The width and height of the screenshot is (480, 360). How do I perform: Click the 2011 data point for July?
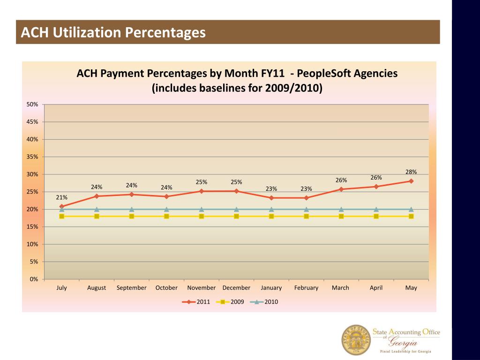pyautogui.click(x=62, y=206)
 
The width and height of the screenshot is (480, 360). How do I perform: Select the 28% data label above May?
pyautogui.click(x=411, y=172)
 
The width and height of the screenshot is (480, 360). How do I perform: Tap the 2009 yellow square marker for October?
pyautogui.click(x=166, y=216)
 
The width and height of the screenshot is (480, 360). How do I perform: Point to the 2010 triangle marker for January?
pyautogui.click(x=271, y=210)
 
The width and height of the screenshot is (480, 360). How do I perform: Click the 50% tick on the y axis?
pyautogui.click(x=32, y=104)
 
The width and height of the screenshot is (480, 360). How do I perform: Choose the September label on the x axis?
pyautogui.click(x=131, y=288)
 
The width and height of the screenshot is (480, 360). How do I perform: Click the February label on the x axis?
pyautogui.click(x=306, y=288)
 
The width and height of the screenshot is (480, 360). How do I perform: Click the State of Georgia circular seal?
pyautogui.click(x=356, y=339)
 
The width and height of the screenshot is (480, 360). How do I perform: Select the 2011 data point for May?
pyautogui.click(x=411, y=181)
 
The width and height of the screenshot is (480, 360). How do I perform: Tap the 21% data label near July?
pyautogui.click(x=62, y=197)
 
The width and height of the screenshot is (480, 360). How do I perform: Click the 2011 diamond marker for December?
pyautogui.click(x=236, y=191)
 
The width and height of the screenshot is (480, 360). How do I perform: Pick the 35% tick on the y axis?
pyautogui.click(x=32, y=157)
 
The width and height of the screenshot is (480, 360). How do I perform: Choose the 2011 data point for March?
pyautogui.click(x=341, y=189)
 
